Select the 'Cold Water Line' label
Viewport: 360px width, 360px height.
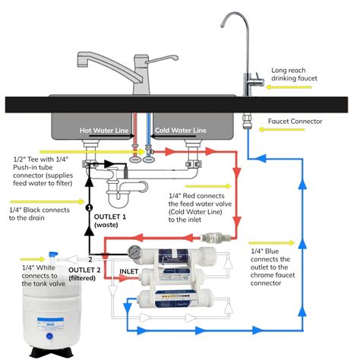(181, 131)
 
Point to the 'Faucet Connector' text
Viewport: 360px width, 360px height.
(294, 122)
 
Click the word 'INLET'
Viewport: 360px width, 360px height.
(130, 271)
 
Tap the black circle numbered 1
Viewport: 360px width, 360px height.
(89, 207)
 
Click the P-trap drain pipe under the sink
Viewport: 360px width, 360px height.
(122, 194)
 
